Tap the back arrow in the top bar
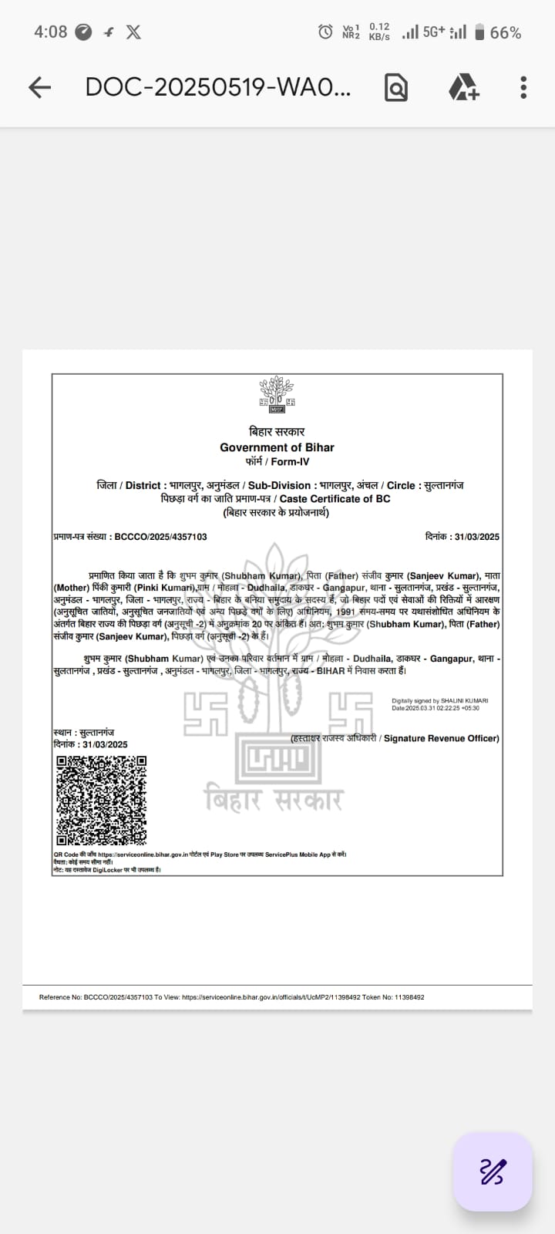pos(39,87)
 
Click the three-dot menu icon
pos(523,87)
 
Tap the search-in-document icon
pos(395,87)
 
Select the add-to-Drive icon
pos(463,87)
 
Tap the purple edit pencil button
pos(493,1172)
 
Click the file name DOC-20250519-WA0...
pos(217,87)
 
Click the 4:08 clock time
pos(50,32)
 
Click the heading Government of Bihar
pos(277,447)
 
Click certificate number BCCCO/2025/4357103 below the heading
pos(160,537)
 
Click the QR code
pos(101,801)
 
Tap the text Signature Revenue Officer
pos(441,738)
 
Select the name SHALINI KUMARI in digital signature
pos(465,701)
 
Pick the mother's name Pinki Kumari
pos(165,588)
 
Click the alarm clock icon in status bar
pos(325,32)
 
